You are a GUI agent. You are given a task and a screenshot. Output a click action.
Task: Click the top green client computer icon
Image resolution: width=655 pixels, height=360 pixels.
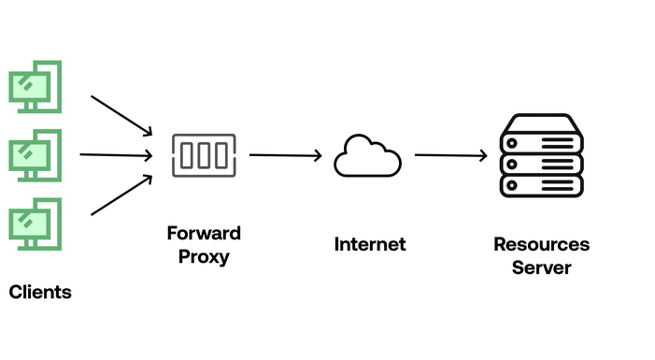pyautogui.click(x=35, y=85)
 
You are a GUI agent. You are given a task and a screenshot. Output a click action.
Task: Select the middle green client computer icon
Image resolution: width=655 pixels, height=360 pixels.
pyautogui.click(x=35, y=155)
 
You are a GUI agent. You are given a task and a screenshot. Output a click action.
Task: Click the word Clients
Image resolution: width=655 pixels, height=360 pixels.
pyautogui.click(x=40, y=293)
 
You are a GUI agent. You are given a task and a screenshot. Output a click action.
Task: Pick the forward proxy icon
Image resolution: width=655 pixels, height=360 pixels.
pyautogui.click(x=204, y=155)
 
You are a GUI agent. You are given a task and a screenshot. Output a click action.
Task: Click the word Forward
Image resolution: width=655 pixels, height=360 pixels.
pyautogui.click(x=204, y=233)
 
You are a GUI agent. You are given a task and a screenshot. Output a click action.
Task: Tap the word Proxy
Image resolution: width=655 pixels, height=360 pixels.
pyautogui.click(x=204, y=255)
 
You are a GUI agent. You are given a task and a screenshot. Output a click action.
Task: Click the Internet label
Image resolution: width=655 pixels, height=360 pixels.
pyautogui.click(x=370, y=245)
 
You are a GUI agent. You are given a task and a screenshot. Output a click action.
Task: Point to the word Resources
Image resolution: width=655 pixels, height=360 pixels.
pyautogui.click(x=542, y=245)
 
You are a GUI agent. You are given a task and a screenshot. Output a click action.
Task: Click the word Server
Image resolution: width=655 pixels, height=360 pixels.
pyautogui.click(x=542, y=267)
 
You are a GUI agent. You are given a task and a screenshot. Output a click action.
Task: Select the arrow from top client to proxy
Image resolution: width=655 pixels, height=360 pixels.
pyautogui.click(x=121, y=113)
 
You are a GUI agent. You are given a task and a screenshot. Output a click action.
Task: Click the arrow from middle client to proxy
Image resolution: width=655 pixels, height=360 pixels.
pyautogui.click(x=116, y=155)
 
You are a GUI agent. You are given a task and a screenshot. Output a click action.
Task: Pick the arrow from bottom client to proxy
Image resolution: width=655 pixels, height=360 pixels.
pyautogui.click(x=121, y=194)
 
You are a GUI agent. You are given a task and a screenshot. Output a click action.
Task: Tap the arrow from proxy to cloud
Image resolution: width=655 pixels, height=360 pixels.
pyautogui.click(x=285, y=156)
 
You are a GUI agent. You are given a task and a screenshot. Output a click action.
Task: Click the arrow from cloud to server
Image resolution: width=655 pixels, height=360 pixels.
pyautogui.click(x=451, y=156)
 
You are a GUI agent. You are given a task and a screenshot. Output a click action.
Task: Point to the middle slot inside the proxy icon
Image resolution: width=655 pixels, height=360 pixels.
pyautogui.click(x=204, y=155)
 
